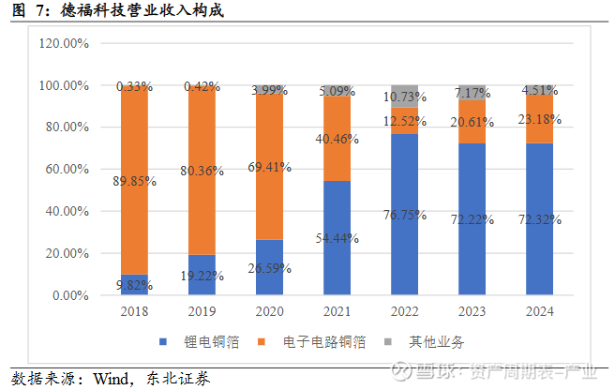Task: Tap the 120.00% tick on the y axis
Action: point(64,43)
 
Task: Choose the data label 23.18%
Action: point(539,119)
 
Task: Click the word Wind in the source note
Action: point(111,379)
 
